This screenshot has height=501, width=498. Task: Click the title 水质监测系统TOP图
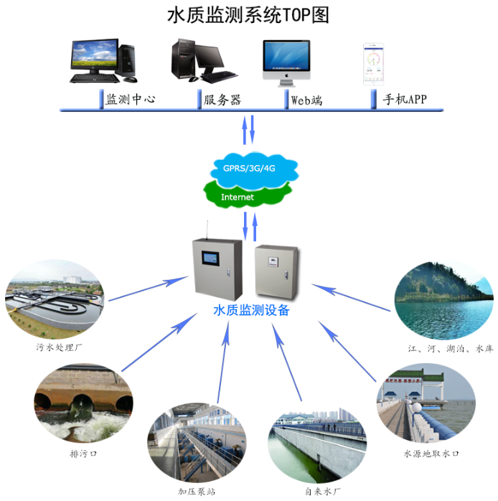[248, 15]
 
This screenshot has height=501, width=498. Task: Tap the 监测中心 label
[131, 99]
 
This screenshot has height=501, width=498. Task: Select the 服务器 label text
[222, 100]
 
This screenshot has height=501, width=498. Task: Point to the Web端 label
[306, 100]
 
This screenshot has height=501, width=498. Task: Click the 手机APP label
[405, 99]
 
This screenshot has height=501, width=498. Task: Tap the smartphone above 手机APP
[373, 64]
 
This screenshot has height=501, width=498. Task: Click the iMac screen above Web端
[286, 55]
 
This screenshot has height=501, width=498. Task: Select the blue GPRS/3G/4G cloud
[254, 170]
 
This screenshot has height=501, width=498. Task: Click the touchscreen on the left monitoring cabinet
[210, 258]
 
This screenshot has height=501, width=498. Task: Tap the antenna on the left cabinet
[207, 230]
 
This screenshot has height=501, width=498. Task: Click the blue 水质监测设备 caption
[251, 310]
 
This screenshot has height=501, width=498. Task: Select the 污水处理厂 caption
[59, 347]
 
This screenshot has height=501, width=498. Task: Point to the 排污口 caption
[83, 453]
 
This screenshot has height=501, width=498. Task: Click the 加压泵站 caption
[197, 492]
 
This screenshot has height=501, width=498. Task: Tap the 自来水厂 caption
[323, 492]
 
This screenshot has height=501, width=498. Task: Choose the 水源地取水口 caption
[431, 454]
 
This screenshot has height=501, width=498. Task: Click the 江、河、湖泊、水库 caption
[451, 348]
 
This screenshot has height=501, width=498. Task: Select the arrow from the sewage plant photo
[149, 289]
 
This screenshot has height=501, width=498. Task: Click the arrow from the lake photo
[351, 297]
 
